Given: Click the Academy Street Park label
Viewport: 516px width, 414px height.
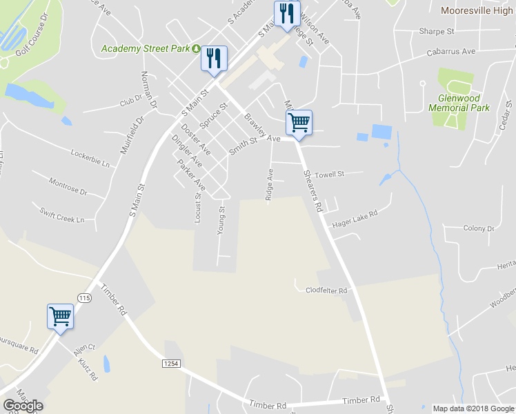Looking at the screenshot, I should (146, 48).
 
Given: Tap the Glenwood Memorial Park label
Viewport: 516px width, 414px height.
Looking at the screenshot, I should (459, 103).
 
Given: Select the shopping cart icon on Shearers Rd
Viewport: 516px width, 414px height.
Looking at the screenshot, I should (299, 124).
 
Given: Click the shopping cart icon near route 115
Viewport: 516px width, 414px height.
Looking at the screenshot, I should (61, 317).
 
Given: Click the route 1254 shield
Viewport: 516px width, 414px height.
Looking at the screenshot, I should (171, 363).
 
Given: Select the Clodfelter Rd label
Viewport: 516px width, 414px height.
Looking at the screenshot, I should (326, 290).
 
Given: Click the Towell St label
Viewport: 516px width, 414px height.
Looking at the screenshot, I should (329, 175).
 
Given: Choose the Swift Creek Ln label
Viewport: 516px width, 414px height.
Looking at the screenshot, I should (61, 215).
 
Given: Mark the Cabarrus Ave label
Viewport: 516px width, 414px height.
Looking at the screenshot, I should (451, 52).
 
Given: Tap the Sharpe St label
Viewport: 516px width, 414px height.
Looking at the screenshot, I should (437, 32).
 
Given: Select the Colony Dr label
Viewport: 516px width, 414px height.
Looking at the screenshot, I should (475, 228).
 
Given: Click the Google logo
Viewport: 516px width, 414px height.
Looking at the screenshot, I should (23, 406).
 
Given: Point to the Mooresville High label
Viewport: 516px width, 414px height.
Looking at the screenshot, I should (477, 10).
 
